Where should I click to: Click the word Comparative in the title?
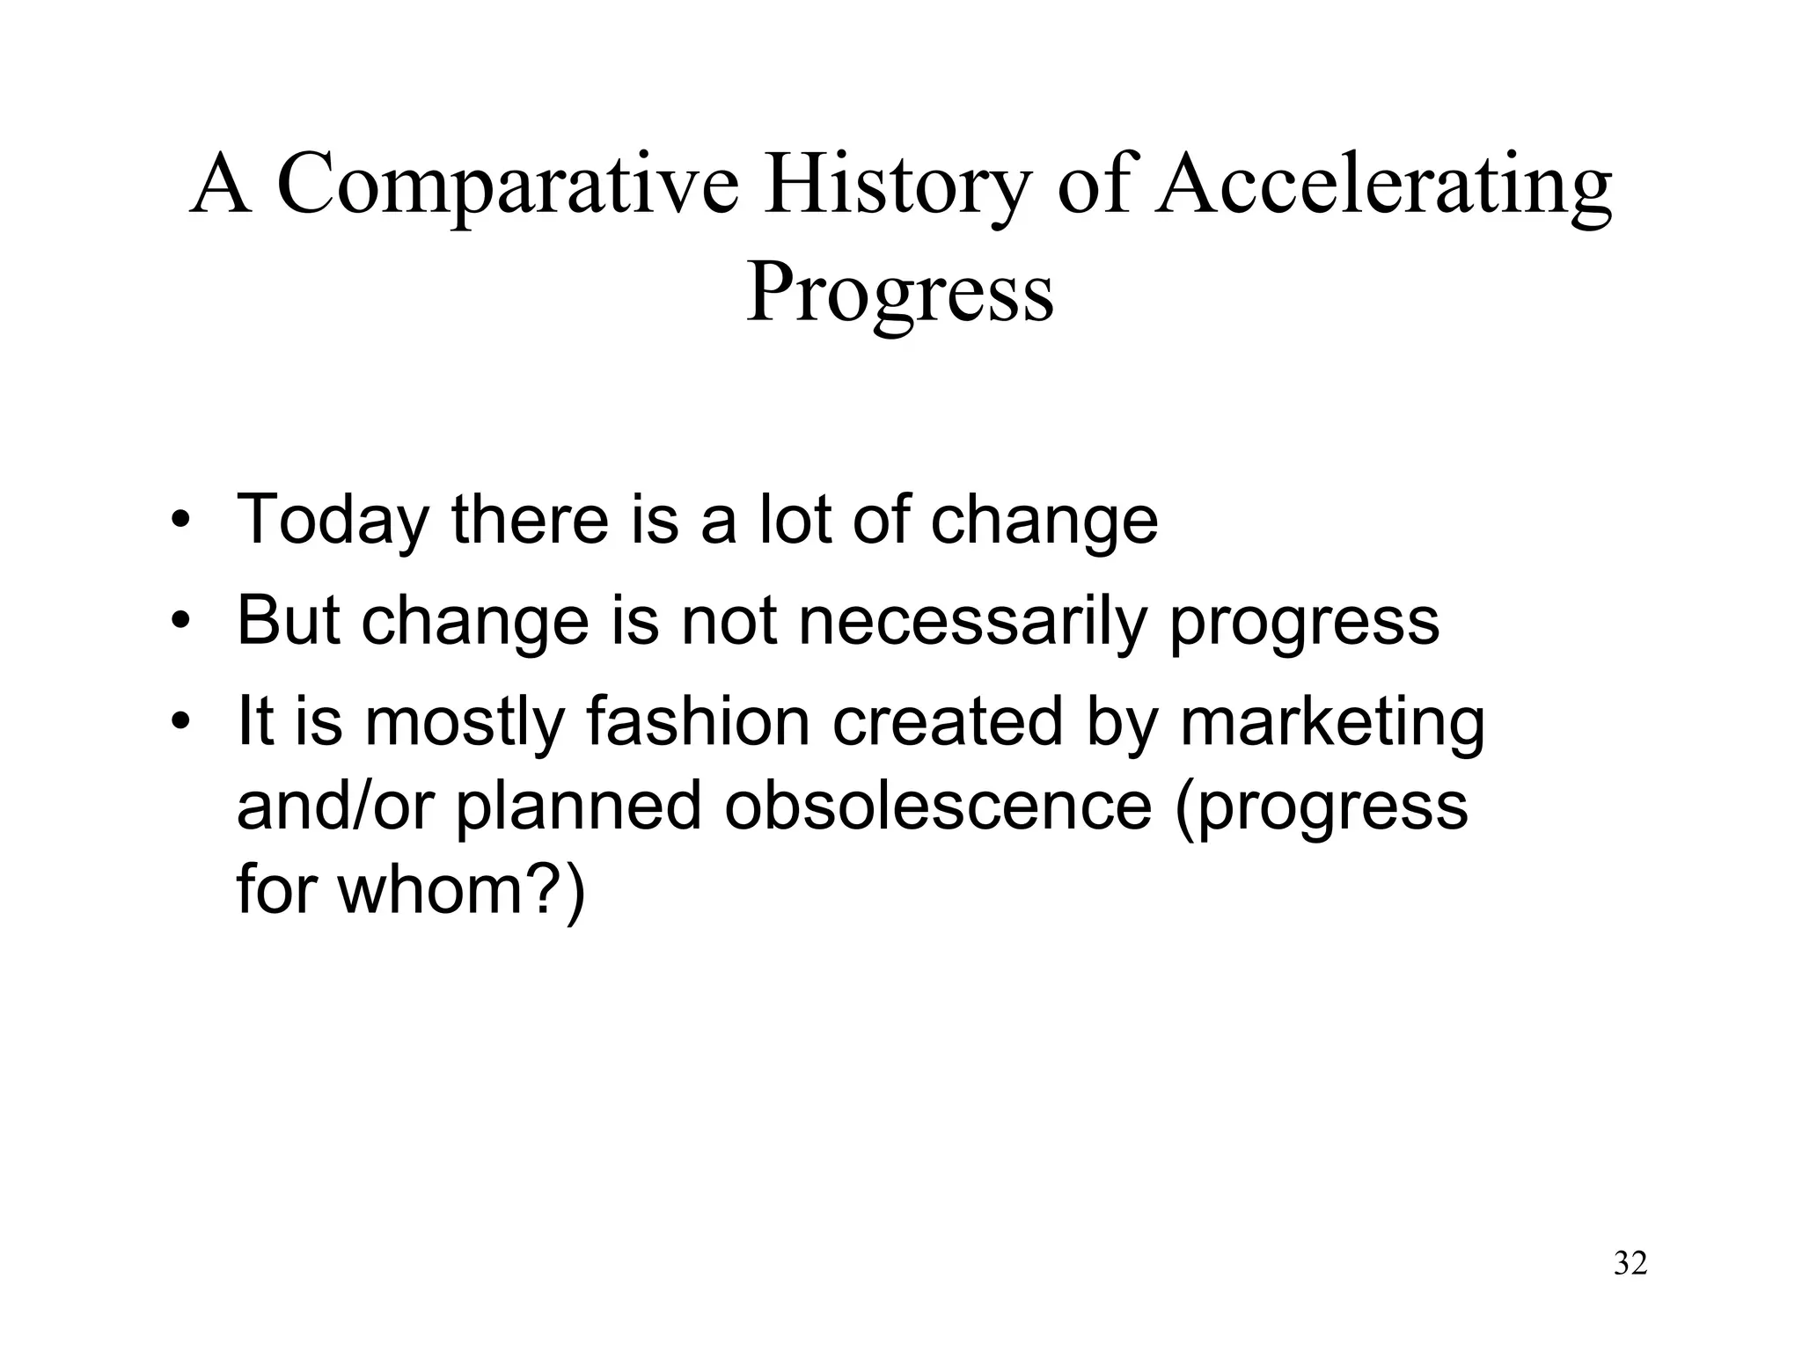tap(508, 186)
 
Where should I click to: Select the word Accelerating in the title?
tap(1384, 186)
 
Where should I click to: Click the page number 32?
tap(1630, 1263)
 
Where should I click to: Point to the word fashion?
tap(698, 722)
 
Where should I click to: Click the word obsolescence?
tap(938, 806)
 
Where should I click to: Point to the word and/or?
tap(335, 806)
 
